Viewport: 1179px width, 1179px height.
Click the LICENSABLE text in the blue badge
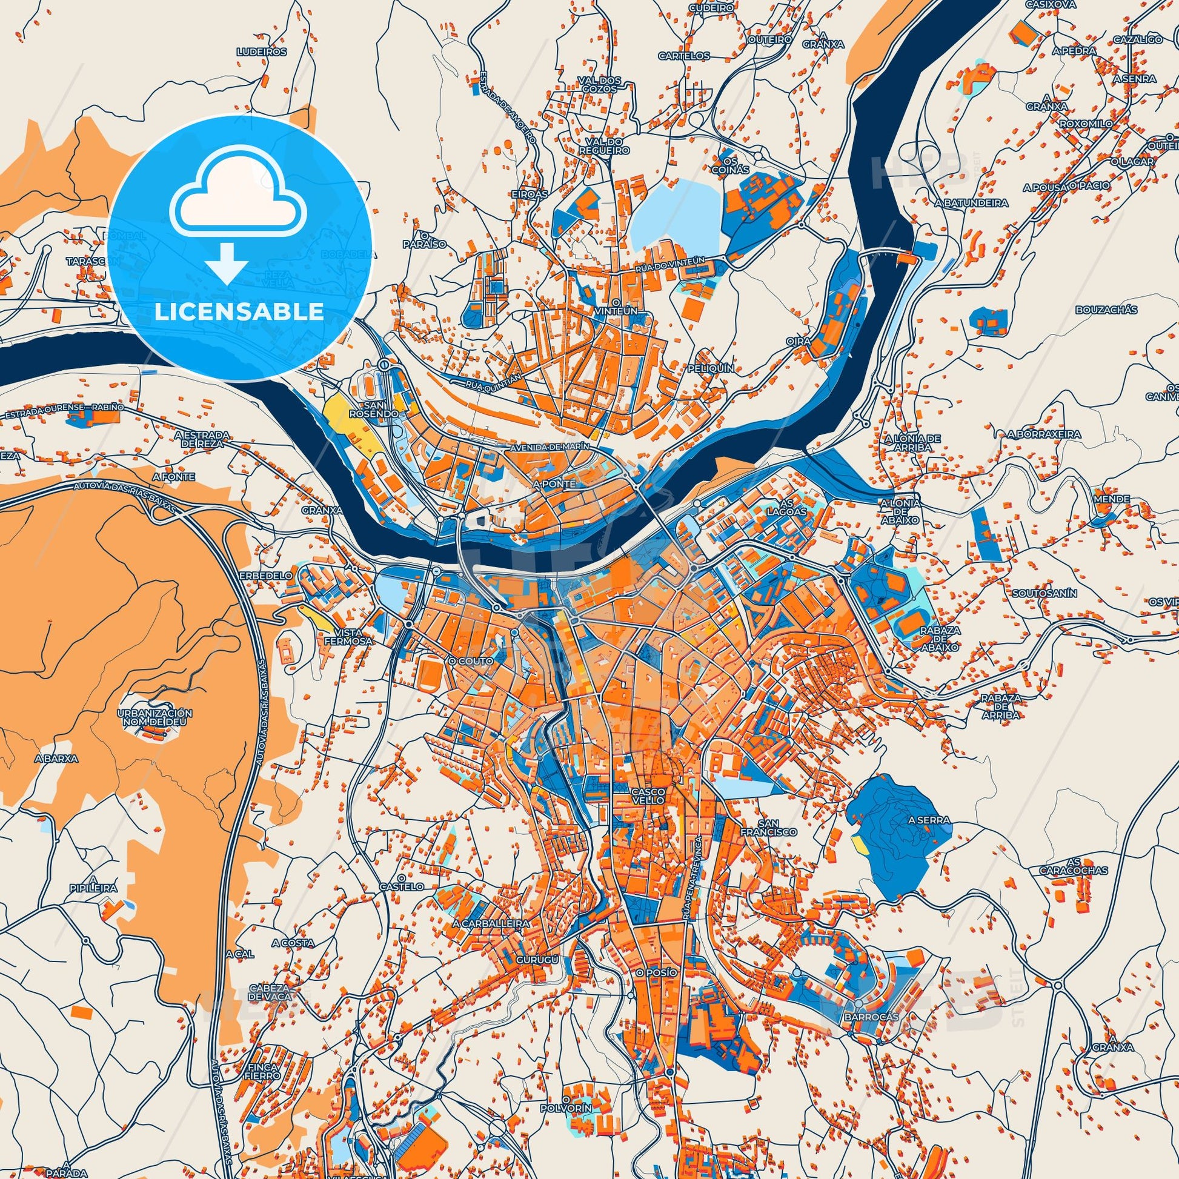coord(239,312)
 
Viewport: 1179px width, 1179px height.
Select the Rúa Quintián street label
coord(493,380)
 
